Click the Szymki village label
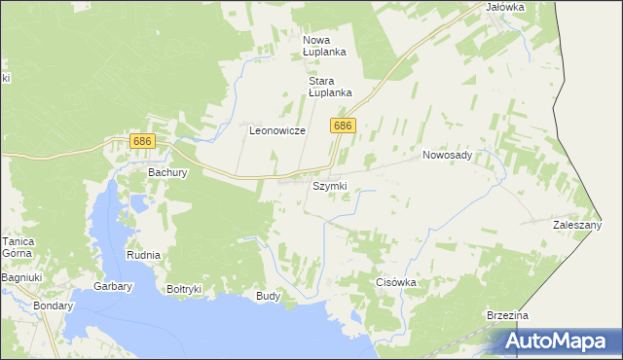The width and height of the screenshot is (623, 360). (329, 186)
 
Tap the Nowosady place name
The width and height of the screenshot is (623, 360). (447, 155)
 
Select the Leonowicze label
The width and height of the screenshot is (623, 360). (277, 130)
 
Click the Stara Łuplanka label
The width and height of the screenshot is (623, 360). (329, 88)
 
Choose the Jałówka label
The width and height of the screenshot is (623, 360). (505, 7)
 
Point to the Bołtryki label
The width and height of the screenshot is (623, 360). (184, 289)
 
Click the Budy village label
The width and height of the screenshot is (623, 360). (268, 295)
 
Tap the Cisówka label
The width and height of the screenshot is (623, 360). (396, 282)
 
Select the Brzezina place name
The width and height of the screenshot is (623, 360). (507, 316)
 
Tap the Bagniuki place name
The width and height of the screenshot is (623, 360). (19, 278)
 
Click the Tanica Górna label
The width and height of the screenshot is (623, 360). (18, 248)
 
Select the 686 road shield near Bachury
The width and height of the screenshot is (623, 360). (142, 142)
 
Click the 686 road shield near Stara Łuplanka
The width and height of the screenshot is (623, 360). (343, 126)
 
